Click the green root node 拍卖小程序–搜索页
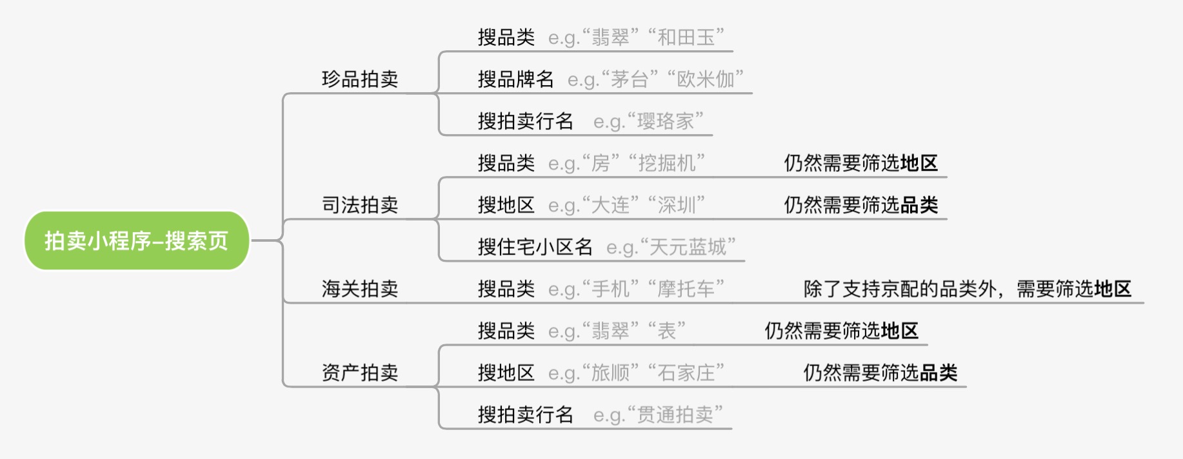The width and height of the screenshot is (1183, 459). pos(136,240)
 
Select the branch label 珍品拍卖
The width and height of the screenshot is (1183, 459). pos(359,79)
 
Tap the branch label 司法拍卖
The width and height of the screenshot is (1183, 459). pos(359,205)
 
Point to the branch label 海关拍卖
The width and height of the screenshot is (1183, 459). pos(359,289)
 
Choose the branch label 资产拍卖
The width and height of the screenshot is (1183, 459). pos(359,373)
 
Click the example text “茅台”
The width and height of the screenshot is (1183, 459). pos(630,79)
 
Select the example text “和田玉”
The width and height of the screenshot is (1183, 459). pos(686,37)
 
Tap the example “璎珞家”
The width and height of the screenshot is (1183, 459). pos(666,121)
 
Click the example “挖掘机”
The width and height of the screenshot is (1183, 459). pos(667,163)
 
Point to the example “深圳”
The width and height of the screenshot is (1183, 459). pos(677,205)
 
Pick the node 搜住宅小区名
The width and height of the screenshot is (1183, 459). pos(535,247)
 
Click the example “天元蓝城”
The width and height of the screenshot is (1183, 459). pos(688,247)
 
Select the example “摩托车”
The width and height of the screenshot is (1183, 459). pos(686,289)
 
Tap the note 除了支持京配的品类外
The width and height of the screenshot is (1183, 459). pos(900,289)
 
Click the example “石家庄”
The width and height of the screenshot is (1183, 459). pos(686,373)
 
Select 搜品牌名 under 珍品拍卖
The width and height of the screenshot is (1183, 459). pos(515,79)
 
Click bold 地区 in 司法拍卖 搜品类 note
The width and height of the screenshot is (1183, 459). pos(919,163)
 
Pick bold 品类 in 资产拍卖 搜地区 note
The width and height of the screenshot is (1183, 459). pos(939,373)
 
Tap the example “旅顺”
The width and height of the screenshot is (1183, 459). pos(610,373)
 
